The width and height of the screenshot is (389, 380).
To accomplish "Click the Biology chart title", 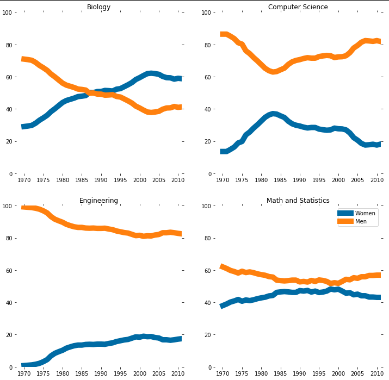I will pyautogui.click(x=98, y=7).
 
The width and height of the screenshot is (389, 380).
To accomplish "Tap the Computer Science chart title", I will pyautogui.click(x=298, y=7).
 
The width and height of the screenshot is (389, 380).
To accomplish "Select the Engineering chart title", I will pyautogui.click(x=98, y=201).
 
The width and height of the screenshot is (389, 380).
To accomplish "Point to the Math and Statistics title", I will pyautogui.click(x=298, y=201).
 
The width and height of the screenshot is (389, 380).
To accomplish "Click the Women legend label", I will pyautogui.click(x=365, y=214).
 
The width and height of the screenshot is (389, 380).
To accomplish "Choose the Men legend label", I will pyautogui.click(x=361, y=221).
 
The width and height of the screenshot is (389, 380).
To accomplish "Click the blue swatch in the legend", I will pyautogui.click(x=345, y=214).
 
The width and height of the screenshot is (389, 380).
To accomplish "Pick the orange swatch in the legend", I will pyautogui.click(x=345, y=221).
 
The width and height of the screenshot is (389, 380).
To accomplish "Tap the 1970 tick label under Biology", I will pyautogui.click(x=24, y=180).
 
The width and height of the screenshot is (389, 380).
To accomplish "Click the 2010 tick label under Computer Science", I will pyautogui.click(x=377, y=180).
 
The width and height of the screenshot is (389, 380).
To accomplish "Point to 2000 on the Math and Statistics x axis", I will pyautogui.click(x=338, y=373).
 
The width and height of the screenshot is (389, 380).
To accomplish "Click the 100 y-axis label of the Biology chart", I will pyautogui.click(x=8, y=12).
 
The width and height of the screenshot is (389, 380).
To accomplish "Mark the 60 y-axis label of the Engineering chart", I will pyautogui.click(x=10, y=270).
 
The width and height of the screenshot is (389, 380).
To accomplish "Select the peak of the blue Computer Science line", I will pyautogui.click(x=273, y=114).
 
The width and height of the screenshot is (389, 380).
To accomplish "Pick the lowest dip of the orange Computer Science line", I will pyautogui.click(x=273, y=71).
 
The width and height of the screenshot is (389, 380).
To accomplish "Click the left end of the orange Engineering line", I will pyautogui.click(x=23, y=208).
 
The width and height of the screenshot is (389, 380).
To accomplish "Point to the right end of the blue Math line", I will pyautogui.click(x=379, y=297).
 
